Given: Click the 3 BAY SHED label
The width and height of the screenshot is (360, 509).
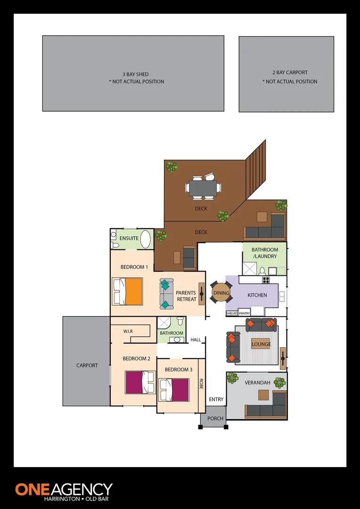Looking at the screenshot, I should (135, 74).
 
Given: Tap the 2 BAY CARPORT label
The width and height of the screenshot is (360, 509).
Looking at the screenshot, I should (290, 73).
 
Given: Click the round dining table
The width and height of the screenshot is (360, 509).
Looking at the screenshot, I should (221, 293).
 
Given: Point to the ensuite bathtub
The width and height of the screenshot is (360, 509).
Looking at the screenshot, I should (146, 239).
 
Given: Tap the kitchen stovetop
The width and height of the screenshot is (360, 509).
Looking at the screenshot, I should (266, 280).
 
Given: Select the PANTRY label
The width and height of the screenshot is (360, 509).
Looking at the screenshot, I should (244, 313).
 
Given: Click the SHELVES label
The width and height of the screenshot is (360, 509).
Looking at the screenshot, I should (232, 313).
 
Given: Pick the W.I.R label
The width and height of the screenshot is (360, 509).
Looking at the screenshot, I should (128, 331).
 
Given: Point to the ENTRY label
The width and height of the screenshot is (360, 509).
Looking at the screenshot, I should (216, 400).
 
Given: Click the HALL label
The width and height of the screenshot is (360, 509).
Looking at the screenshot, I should (196, 340).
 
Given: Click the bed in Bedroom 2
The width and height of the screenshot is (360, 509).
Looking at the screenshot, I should (139, 382).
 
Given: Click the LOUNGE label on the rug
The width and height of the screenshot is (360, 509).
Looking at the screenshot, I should (261, 344).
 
